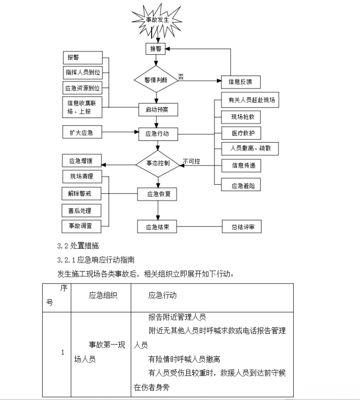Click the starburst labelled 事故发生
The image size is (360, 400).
coord(157,19)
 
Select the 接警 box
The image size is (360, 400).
coord(155,49)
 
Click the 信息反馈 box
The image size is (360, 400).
coord(241,82)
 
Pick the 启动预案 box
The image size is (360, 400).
coord(158,109)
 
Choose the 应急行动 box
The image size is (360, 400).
coord(158,134)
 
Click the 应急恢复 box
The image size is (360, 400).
coord(158,193)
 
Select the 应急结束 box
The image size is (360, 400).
coord(158,227)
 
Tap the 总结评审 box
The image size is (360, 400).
coord(242,227)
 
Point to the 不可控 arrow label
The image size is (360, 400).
coord(192,161)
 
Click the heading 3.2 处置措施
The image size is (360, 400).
coord(78,245)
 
